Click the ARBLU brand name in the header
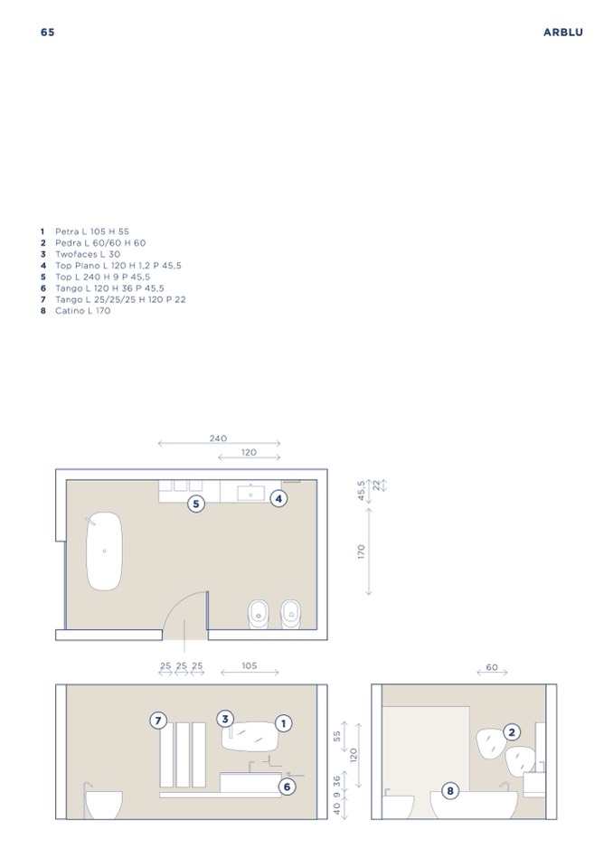pyautogui.click(x=562, y=32)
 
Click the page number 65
pyautogui.click(x=48, y=32)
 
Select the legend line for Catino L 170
pyautogui.click(x=75, y=311)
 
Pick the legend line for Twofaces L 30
pyautogui.click(x=80, y=254)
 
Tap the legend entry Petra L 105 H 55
pyautogui.click(x=85, y=231)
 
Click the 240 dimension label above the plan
pyautogui.click(x=218, y=438)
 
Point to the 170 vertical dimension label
pyautogui.click(x=362, y=551)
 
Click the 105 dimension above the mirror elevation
pyautogui.click(x=250, y=665)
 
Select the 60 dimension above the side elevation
pyautogui.click(x=492, y=667)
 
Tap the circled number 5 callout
pyautogui.click(x=195, y=504)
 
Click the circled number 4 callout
pyautogui.click(x=278, y=499)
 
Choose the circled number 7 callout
pyautogui.click(x=158, y=721)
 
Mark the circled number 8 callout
pyautogui.click(x=450, y=791)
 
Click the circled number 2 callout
pyautogui.click(x=512, y=732)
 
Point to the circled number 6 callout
pyautogui.click(x=287, y=787)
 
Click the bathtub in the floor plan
pyautogui.click(x=104, y=551)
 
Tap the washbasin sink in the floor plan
pyautogui.click(x=251, y=494)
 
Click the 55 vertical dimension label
pyautogui.click(x=337, y=736)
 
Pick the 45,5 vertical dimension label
pyautogui.click(x=362, y=491)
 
